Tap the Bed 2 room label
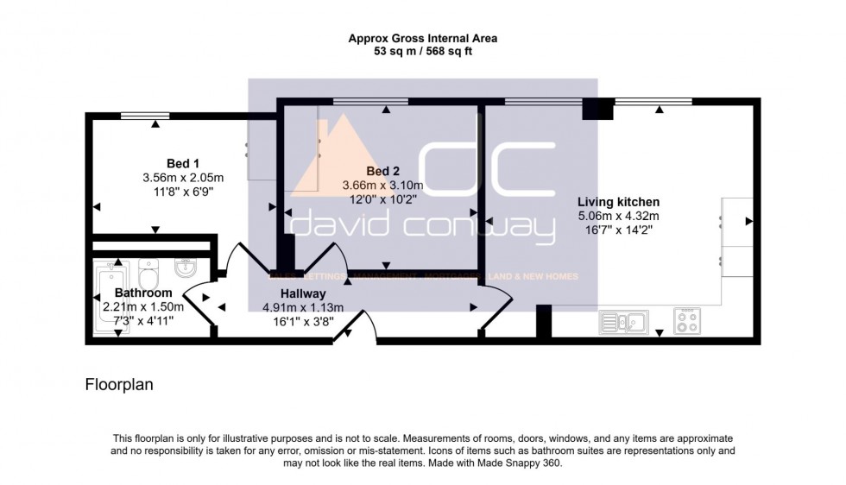(382, 170)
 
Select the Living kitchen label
(618, 201)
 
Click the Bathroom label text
(143, 293)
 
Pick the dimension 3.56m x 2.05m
(183, 178)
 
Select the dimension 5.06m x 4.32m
(618, 216)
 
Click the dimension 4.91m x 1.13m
(303, 308)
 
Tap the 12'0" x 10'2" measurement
(382, 198)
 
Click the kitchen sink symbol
(623, 322)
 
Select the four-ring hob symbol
(687, 322)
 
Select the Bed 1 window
(144, 116)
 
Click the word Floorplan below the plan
(118, 385)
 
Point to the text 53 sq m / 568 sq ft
(422, 52)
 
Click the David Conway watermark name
(423, 228)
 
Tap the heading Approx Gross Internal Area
(422, 38)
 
